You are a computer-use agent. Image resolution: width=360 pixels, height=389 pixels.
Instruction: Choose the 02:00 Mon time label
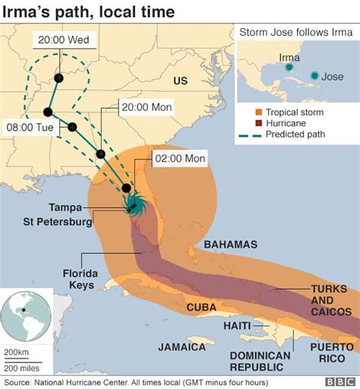click(180, 159)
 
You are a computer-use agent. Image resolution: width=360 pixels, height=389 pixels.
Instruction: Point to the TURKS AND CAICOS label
click(331, 300)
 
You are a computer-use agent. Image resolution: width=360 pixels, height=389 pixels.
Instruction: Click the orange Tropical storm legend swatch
click(248, 112)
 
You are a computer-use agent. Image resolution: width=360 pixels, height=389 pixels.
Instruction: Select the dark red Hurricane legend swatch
click(248, 125)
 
